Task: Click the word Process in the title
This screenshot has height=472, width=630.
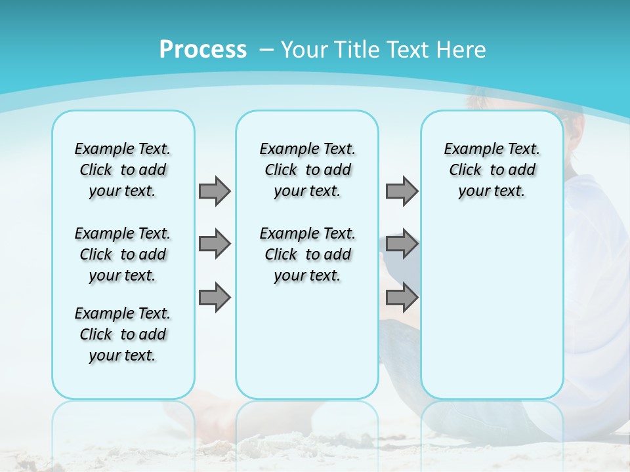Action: [x=203, y=50]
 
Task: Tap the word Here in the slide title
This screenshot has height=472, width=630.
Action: [x=463, y=50]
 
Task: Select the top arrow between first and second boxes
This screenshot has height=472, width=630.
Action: [x=215, y=191]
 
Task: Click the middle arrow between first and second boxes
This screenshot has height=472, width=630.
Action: [x=215, y=244]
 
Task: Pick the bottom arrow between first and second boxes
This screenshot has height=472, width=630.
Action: [x=215, y=297]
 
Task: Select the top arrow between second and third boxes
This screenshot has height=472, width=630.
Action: [x=402, y=191]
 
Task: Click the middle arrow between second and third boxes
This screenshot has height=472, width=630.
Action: [x=402, y=244]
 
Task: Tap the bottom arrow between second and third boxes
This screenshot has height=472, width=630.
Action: [x=402, y=297]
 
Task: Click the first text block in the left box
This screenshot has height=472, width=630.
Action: [x=123, y=170]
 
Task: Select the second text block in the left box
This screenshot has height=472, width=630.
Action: [x=123, y=254]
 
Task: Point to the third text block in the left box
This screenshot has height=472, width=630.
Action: [x=123, y=334]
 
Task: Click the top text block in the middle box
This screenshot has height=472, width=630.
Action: [x=307, y=170]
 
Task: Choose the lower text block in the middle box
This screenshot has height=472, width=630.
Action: [x=307, y=254]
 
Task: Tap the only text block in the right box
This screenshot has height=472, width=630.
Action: [x=492, y=170]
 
